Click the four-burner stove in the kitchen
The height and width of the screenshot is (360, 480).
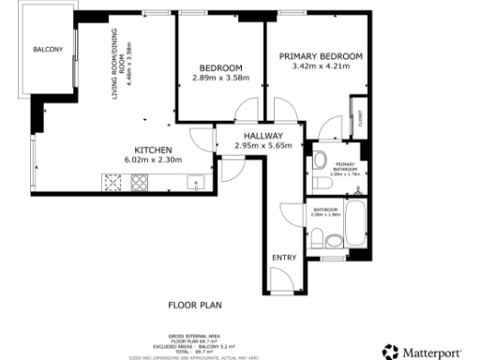pos(140,183)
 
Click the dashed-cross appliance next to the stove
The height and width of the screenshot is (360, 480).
pos(114,183)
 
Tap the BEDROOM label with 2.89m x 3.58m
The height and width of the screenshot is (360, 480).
pos(220,67)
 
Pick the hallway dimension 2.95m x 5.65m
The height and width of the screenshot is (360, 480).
pos(262,145)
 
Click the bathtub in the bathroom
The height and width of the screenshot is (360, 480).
pos(357,221)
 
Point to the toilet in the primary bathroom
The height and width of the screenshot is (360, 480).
pos(318,157)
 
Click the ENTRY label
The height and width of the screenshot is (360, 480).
pos(282,257)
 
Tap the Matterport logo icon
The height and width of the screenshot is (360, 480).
pos(389,352)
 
